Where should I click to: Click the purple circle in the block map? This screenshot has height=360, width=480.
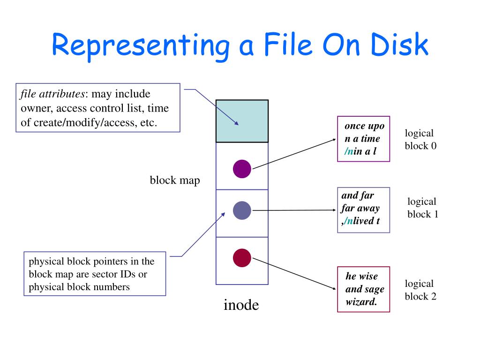[x=242, y=169]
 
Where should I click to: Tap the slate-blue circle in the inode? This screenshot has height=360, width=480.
[x=242, y=210]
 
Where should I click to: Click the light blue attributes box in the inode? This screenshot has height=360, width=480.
[x=242, y=121]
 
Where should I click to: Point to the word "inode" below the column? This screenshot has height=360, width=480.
[x=241, y=305]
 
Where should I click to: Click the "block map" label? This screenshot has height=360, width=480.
[x=175, y=180]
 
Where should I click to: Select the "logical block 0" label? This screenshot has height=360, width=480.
[x=420, y=140]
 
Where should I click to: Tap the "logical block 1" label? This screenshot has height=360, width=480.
[x=422, y=208]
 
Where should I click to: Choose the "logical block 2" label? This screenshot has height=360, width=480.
[x=420, y=290]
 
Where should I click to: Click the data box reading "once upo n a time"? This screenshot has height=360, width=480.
[x=364, y=139]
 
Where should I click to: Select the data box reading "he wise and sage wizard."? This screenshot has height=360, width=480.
[x=364, y=289]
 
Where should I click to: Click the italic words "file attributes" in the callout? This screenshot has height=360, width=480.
[x=52, y=94]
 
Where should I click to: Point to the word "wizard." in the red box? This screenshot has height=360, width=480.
[x=361, y=302]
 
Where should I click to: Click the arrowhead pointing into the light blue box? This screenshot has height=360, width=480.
[x=237, y=124]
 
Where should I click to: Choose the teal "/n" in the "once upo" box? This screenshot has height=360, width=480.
[x=349, y=151]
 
